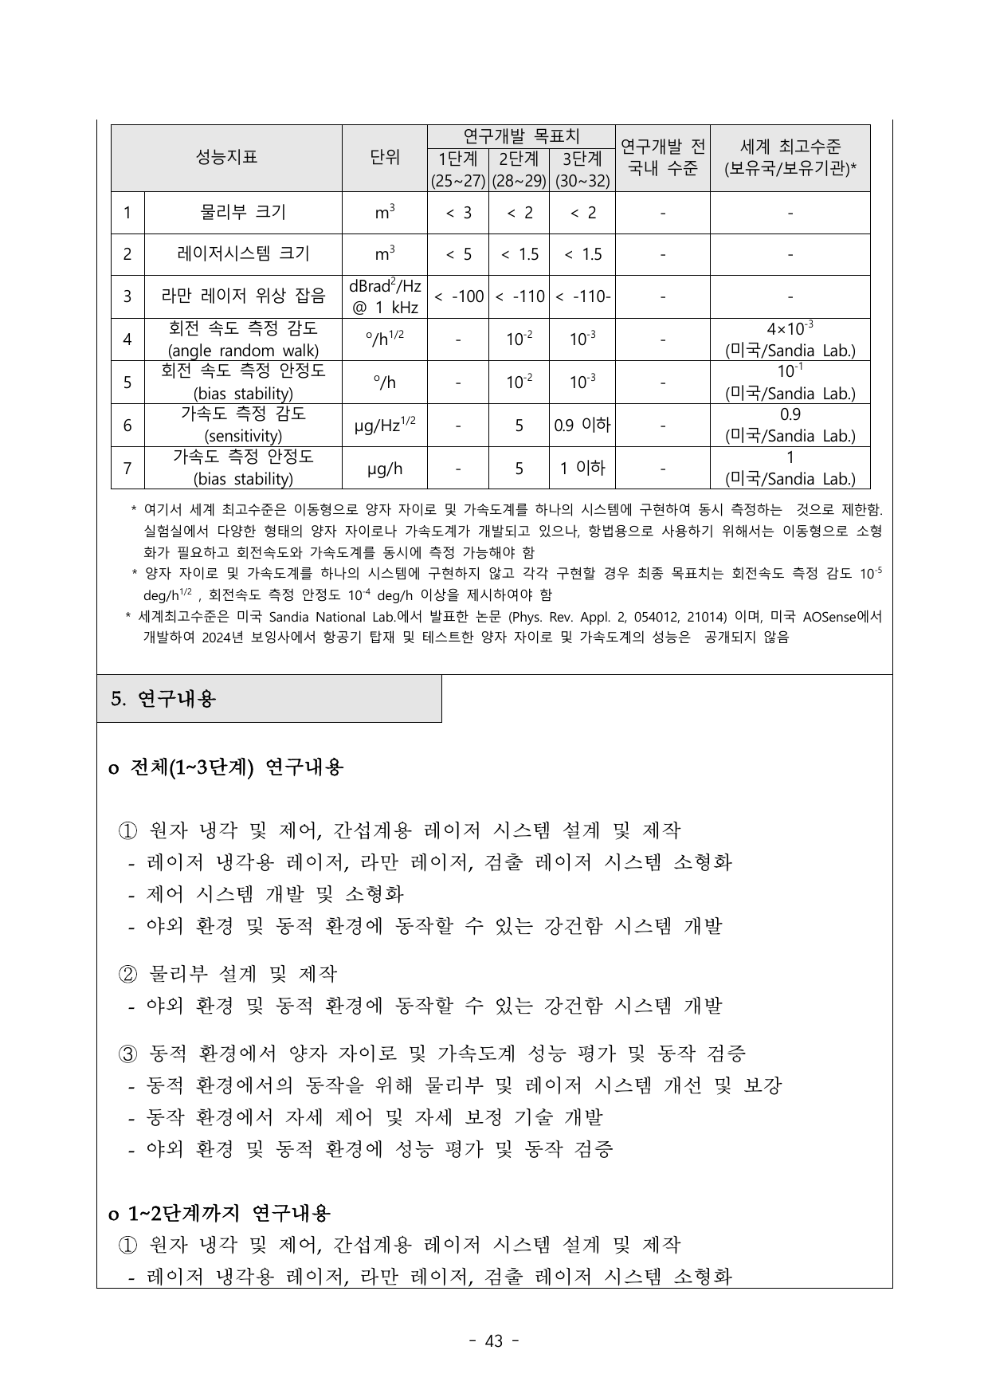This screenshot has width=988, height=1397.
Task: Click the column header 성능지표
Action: tap(226, 158)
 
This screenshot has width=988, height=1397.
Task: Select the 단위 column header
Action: tap(385, 158)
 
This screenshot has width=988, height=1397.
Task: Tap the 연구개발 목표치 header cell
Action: tap(521, 135)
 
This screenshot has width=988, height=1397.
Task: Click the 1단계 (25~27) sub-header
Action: tap(458, 170)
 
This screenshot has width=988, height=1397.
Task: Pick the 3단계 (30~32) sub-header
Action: tap(582, 170)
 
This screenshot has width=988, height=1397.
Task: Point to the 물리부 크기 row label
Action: tap(243, 213)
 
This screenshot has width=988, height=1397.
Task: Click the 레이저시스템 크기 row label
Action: tap(243, 254)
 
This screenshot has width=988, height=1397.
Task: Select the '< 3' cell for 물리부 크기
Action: tap(458, 213)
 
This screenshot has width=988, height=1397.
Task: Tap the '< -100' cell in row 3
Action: tap(458, 296)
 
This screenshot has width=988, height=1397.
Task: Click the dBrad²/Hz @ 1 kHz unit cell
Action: tap(385, 296)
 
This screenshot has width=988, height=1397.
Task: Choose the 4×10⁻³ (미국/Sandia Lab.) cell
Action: tap(790, 339)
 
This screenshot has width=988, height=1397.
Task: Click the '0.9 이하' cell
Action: tap(582, 426)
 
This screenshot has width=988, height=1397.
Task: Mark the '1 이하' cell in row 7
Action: tap(582, 468)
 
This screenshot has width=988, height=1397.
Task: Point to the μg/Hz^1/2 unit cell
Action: tap(385, 426)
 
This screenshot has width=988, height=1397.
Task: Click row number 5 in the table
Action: tap(127, 383)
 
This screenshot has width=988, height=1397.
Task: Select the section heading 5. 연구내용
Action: tap(163, 699)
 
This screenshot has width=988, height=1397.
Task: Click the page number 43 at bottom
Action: tap(494, 1341)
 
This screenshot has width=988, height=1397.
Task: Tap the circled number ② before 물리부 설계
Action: tap(128, 974)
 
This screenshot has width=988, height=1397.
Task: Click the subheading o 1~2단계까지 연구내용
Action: tap(219, 1213)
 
